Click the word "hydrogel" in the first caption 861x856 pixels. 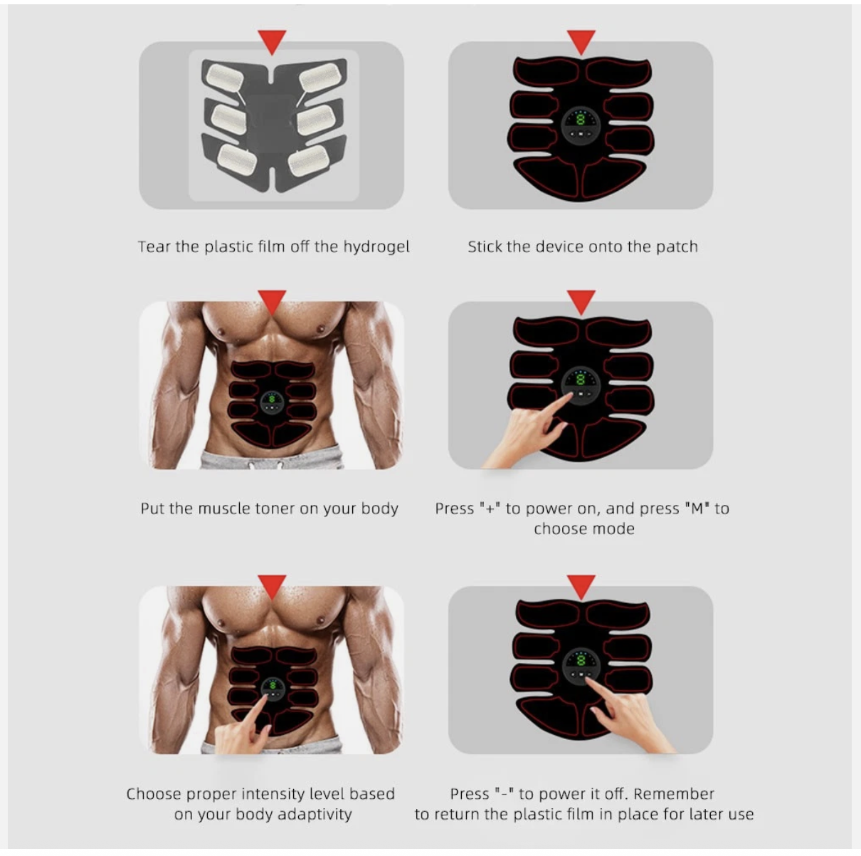(x=376, y=247)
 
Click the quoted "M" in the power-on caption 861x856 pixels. (x=697, y=508)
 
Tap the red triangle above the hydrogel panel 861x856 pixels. (x=272, y=42)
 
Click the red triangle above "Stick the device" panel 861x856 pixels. (x=581, y=42)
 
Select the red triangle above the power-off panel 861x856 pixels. (x=581, y=587)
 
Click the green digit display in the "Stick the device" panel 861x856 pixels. (x=581, y=120)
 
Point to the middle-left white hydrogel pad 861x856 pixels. (x=228, y=118)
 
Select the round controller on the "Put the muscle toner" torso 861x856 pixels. (x=271, y=402)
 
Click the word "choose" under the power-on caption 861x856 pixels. (x=560, y=529)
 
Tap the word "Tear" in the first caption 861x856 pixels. (x=154, y=246)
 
